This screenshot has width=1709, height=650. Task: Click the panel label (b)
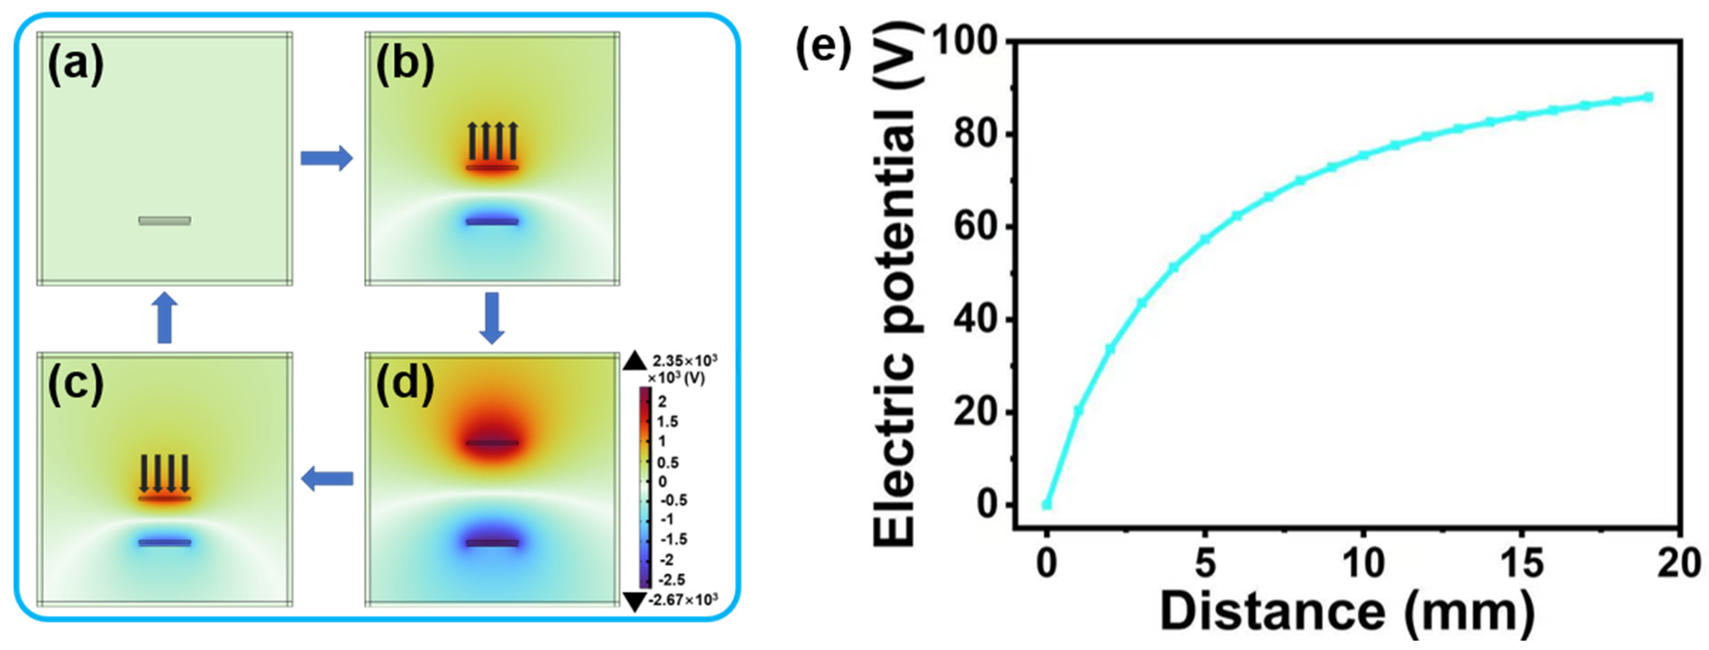(x=404, y=66)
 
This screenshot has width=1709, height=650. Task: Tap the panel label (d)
(x=404, y=385)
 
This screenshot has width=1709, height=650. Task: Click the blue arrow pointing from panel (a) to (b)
(x=327, y=158)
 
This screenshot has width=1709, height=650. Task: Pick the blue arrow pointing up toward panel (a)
(x=165, y=318)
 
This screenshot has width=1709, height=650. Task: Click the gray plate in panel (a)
(x=165, y=220)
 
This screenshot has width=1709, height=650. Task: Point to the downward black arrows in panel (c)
(x=165, y=473)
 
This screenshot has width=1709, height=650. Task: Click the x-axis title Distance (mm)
(x=1347, y=611)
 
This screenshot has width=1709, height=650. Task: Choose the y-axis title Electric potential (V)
(x=896, y=285)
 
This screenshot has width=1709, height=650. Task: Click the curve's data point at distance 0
(x=1046, y=505)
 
